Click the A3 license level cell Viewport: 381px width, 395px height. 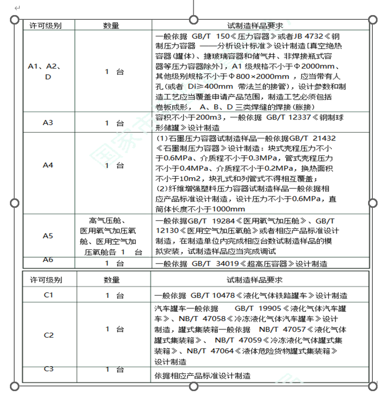(48, 123)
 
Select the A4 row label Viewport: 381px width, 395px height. (48, 165)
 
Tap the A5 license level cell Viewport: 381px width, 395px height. (48, 236)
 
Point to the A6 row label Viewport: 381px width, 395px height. (48, 260)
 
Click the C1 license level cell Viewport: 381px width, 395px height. (48, 295)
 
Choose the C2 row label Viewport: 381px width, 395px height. (49, 335)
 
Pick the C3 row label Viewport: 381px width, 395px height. (49, 369)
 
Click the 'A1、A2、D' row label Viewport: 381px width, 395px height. (45, 71)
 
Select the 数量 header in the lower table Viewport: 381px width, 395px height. (112, 280)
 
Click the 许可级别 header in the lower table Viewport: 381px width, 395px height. (46, 280)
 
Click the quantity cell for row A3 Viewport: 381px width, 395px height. (114, 123)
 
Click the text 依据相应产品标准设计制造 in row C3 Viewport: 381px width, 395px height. (202, 376)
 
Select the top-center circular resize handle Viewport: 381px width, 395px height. (194, 20)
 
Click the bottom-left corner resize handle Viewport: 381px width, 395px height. (15, 386)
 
